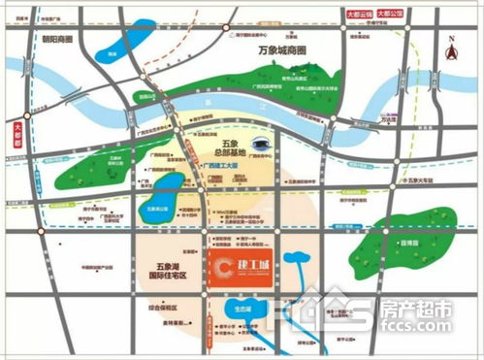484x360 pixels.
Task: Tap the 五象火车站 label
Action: coord(431,180)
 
